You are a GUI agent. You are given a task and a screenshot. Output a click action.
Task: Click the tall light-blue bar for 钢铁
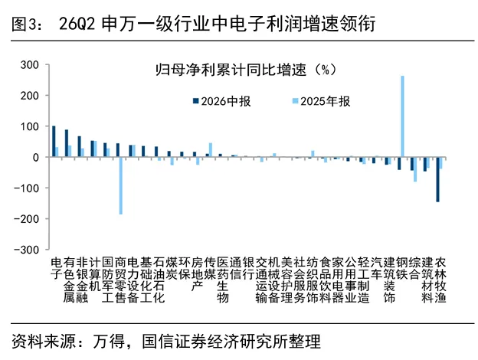coord(402,116)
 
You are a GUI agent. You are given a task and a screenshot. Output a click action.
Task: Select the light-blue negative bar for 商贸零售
coord(121,185)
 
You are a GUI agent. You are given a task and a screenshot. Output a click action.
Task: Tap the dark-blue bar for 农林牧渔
coord(437,179)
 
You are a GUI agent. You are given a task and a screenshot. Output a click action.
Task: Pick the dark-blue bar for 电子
coord(54,142)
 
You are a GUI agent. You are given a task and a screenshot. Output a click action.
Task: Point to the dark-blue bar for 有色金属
coord(67,143)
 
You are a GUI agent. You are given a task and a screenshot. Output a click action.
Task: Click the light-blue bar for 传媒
coord(211,150)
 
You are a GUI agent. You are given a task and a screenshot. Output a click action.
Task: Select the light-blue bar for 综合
coord(415,169)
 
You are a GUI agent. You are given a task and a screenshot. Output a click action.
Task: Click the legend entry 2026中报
coord(222,102)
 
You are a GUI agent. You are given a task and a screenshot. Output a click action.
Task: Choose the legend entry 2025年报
coord(321,102)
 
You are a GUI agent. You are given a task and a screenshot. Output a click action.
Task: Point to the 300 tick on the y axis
coord(30,64)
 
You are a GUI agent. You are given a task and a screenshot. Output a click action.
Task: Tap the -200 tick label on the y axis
coord(27,218)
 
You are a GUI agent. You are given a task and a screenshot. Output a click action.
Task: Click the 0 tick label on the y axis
coord(36,157)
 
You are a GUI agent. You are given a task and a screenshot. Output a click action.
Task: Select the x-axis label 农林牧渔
coord(440,280)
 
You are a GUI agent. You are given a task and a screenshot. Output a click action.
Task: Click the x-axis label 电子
coord(57,268)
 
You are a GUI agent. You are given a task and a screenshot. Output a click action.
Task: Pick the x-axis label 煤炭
coord(172,268)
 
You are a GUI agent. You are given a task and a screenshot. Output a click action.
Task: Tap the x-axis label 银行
coord(248,268)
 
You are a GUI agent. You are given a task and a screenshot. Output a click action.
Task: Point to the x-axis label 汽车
coord(376,268)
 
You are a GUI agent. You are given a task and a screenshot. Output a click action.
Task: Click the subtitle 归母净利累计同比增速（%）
coord(247,70)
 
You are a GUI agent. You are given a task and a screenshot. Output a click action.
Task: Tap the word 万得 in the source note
coord(109,342)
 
